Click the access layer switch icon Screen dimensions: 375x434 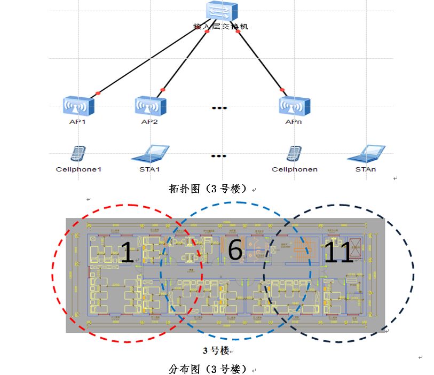pos(220,11)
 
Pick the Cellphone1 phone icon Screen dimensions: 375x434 pos(78,154)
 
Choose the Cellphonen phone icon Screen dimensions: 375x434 pos(294,154)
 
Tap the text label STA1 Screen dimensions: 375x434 pos(149,169)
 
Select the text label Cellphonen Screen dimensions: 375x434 pos(295,169)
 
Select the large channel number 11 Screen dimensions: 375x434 pos(338,252)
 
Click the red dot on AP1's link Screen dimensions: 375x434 pos(98,93)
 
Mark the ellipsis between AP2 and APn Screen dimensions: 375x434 pos(219,108)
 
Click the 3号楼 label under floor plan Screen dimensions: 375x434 pos(216,350)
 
